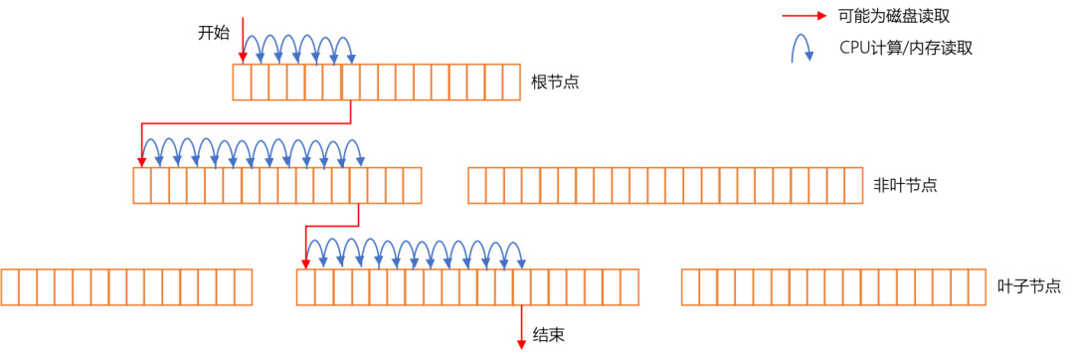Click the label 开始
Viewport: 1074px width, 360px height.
(x=213, y=32)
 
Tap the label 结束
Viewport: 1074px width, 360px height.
(x=549, y=335)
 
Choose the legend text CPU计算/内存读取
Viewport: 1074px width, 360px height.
(x=906, y=47)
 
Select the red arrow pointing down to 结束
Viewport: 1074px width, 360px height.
(x=522, y=326)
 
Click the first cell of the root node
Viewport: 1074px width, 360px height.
(x=242, y=83)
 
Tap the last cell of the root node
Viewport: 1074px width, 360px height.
(x=512, y=83)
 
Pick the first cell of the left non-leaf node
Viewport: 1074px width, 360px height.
(x=142, y=186)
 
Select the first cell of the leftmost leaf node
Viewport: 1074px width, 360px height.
(x=10, y=287)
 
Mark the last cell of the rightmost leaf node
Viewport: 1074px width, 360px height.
(x=979, y=287)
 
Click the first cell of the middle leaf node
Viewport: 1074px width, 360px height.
(x=305, y=287)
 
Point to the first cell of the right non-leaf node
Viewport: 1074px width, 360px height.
(x=477, y=186)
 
